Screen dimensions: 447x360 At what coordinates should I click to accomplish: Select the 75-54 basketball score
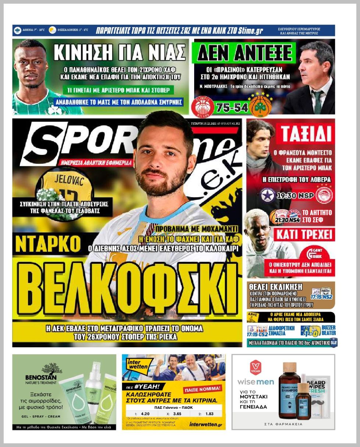click(x=232, y=108)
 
